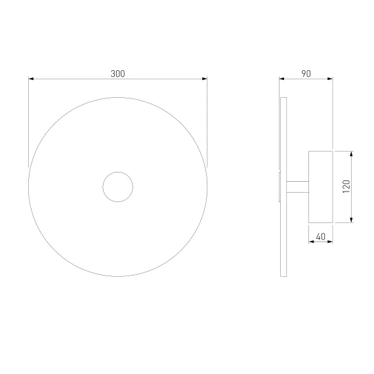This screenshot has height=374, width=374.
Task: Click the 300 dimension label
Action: click(x=117, y=73)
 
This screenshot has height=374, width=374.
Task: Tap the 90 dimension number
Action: click(x=306, y=73)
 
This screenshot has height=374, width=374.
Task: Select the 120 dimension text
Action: click(x=346, y=186)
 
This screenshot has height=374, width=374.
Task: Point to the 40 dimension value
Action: click(x=321, y=237)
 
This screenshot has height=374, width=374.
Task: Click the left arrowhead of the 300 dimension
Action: click(x=31, y=79)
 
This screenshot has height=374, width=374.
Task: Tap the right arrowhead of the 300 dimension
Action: click(x=205, y=79)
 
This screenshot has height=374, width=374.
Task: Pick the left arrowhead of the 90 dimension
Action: click(x=281, y=79)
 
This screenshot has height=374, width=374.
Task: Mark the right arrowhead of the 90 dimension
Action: click(x=330, y=79)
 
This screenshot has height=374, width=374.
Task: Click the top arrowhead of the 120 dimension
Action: click(x=351, y=154)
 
